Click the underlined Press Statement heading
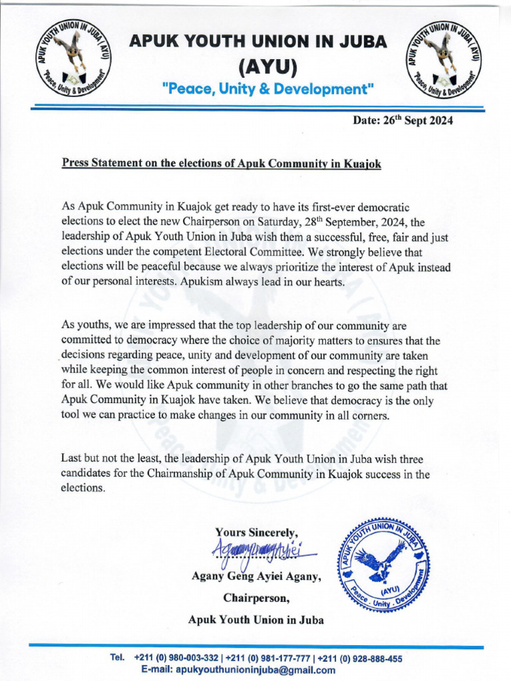pyautogui.click(x=222, y=164)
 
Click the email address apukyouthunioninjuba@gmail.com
pyautogui.click(x=255, y=670)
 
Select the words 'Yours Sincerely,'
pyautogui.click(x=256, y=532)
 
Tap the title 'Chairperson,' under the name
pyautogui.click(x=256, y=598)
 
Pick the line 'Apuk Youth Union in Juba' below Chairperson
pyautogui.click(x=256, y=620)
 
